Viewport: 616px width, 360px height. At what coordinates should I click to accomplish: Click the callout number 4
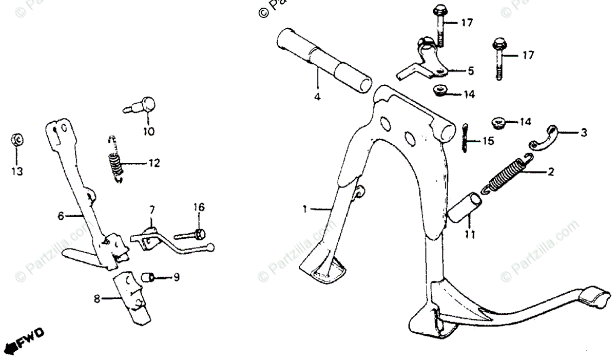[x=317, y=97]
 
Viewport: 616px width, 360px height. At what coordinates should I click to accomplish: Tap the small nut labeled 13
[x=17, y=140]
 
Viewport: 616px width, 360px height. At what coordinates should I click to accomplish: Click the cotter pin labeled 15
[x=465, y=138]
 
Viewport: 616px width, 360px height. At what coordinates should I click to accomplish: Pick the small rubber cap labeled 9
[x=148, y=278]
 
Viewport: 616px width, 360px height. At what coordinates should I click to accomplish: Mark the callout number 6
[x=61, y=216]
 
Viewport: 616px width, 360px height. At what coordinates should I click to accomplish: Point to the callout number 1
[x=305, y=209]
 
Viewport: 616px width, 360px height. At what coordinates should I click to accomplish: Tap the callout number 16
[x=199, y=207]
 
